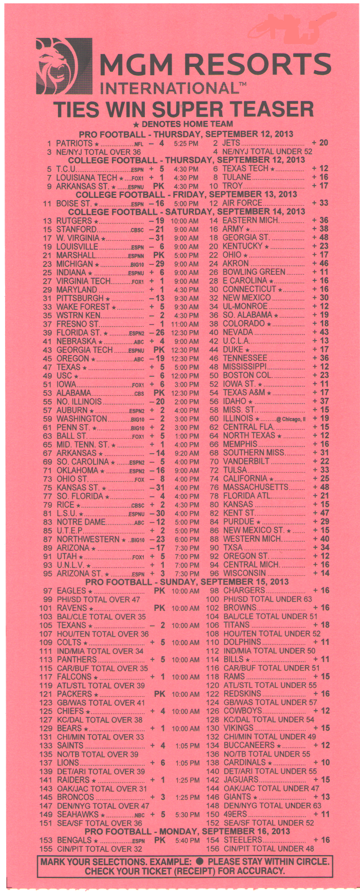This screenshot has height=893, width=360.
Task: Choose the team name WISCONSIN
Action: pos(245,573)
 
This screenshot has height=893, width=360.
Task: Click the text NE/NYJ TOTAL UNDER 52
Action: pos(267,152)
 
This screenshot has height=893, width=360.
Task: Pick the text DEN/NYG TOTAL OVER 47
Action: pos(103,805)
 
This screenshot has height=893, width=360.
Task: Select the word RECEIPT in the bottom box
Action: pos(213,871)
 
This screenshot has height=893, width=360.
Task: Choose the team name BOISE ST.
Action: pos(74,203)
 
